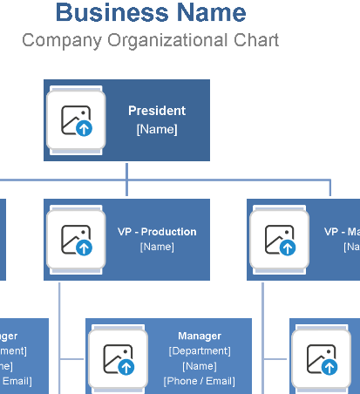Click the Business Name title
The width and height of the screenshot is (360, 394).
click(x=150, y=13)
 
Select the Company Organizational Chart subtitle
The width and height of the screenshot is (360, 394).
click(x=150, y=40)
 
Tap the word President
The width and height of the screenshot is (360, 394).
click(x=157, y=111)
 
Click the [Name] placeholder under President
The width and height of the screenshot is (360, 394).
click(x=157, y=129)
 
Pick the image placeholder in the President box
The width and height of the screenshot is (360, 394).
click(x=76, y=120)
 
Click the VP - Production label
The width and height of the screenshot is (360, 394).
click(x=157, y=232)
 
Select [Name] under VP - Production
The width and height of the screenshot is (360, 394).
click(x=157, y=247)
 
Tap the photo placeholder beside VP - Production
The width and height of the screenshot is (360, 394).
click(x=76, y=239)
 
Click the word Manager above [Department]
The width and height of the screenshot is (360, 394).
click(x=200, y=336)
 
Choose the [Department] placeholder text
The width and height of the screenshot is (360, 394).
click(x=200, y=350)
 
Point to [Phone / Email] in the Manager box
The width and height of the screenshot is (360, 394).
click(x=200, y=380)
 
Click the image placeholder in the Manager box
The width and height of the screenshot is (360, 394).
click(x=118, y=358)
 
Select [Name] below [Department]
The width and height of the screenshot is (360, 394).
click(x=200, y=365)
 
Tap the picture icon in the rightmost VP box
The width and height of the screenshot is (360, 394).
click(x=279, y=240)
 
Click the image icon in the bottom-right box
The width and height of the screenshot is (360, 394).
click(x=321, y=360)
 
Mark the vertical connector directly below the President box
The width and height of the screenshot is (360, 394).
click(x=127, y=172)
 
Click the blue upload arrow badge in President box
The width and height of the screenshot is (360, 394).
click(x=85, y=128)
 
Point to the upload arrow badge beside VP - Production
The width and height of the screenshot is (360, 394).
click(x=85, y=248)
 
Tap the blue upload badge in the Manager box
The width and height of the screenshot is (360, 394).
click(x=126, y=366)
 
